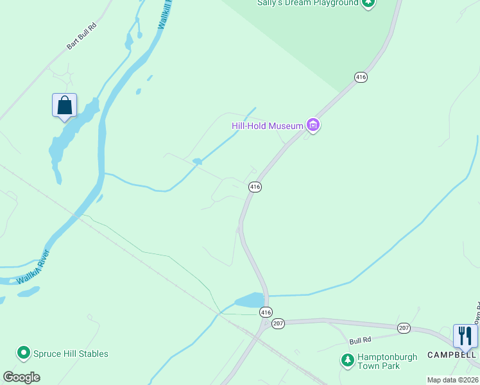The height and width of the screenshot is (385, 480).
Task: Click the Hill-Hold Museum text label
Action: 267,126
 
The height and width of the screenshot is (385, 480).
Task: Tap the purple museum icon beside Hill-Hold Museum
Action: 313,125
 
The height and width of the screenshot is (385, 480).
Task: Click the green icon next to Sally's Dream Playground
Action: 368,3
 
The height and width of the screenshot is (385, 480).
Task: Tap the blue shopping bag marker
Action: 64,105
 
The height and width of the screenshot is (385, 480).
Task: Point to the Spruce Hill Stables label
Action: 71,354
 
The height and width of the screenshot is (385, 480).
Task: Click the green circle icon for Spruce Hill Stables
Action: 24,353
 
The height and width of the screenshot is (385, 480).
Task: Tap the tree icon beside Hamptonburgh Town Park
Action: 348,361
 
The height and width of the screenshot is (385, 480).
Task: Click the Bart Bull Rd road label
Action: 81,38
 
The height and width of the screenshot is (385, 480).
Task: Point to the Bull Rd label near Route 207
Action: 360,340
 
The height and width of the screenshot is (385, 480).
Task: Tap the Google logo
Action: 21,377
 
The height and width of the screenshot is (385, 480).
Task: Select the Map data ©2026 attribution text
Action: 452,380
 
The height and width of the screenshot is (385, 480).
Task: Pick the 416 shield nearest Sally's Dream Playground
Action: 361,77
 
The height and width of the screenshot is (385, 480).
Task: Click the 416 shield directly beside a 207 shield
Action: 266,312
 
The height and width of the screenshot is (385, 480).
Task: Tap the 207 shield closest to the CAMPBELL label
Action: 403,328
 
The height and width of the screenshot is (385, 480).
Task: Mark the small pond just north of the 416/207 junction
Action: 250,300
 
